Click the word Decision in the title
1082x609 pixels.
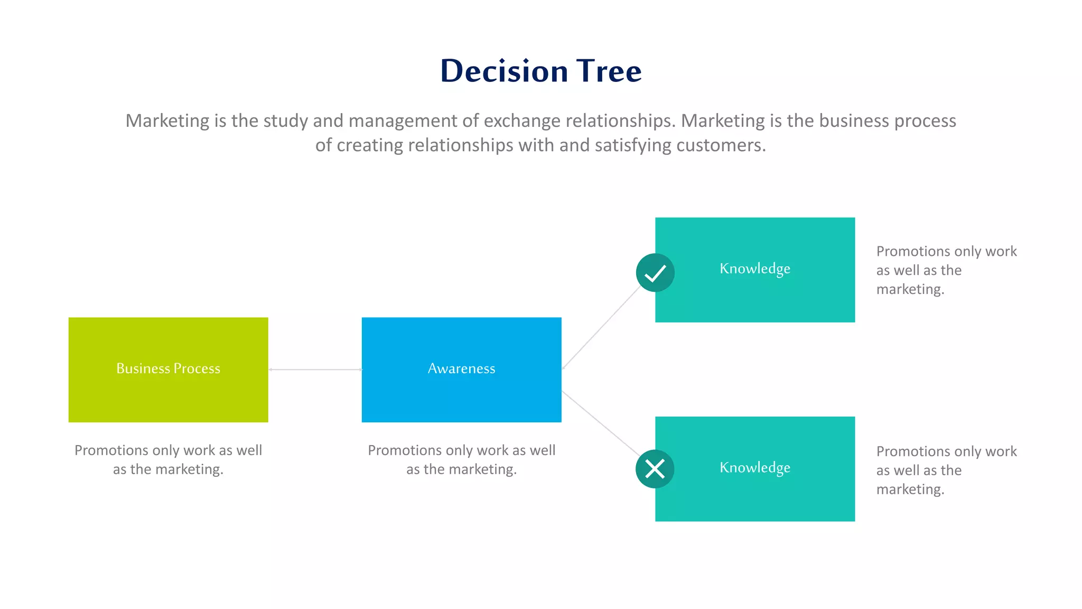[504, 71]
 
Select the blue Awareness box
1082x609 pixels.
[461, 396]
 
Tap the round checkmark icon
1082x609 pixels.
[655, 273]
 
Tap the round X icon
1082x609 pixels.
[655, 469]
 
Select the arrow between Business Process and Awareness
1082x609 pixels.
[315, 370]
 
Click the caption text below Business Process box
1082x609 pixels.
[168, 459]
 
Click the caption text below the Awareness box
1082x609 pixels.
[461, 459]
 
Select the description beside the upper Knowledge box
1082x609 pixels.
[946, 270]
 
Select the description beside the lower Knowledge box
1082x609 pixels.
[946, 470]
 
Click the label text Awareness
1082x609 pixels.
[461, 368]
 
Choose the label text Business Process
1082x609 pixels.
[168, 368]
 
